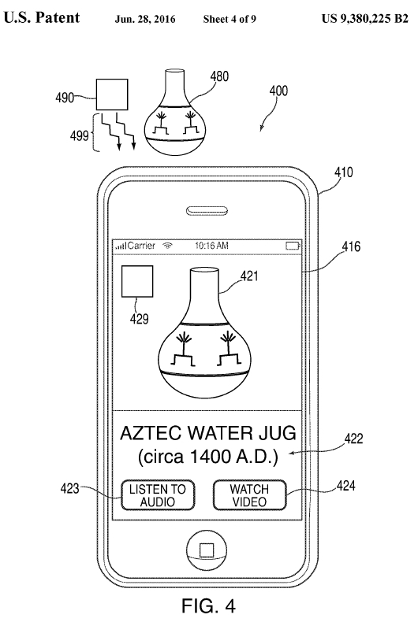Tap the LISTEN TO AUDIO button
point(158,495)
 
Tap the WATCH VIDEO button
point(249,495)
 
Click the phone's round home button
point(207,550)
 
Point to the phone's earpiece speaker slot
point(207,211)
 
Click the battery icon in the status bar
point(293,246)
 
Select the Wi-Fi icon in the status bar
point(168,246)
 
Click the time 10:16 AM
point(212,246)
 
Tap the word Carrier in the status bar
point(141,246)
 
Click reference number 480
point(220,76)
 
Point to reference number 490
point(65,97)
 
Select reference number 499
point(80,135)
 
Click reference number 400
point(278,91)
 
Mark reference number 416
point(351,246)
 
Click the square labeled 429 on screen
point(137,282)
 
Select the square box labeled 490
point(112,94)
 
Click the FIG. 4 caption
point(208,605)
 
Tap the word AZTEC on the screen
point(151,433)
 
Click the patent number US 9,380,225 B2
point(364,19)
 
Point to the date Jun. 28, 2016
point(145,19)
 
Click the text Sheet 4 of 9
point(230,19)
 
